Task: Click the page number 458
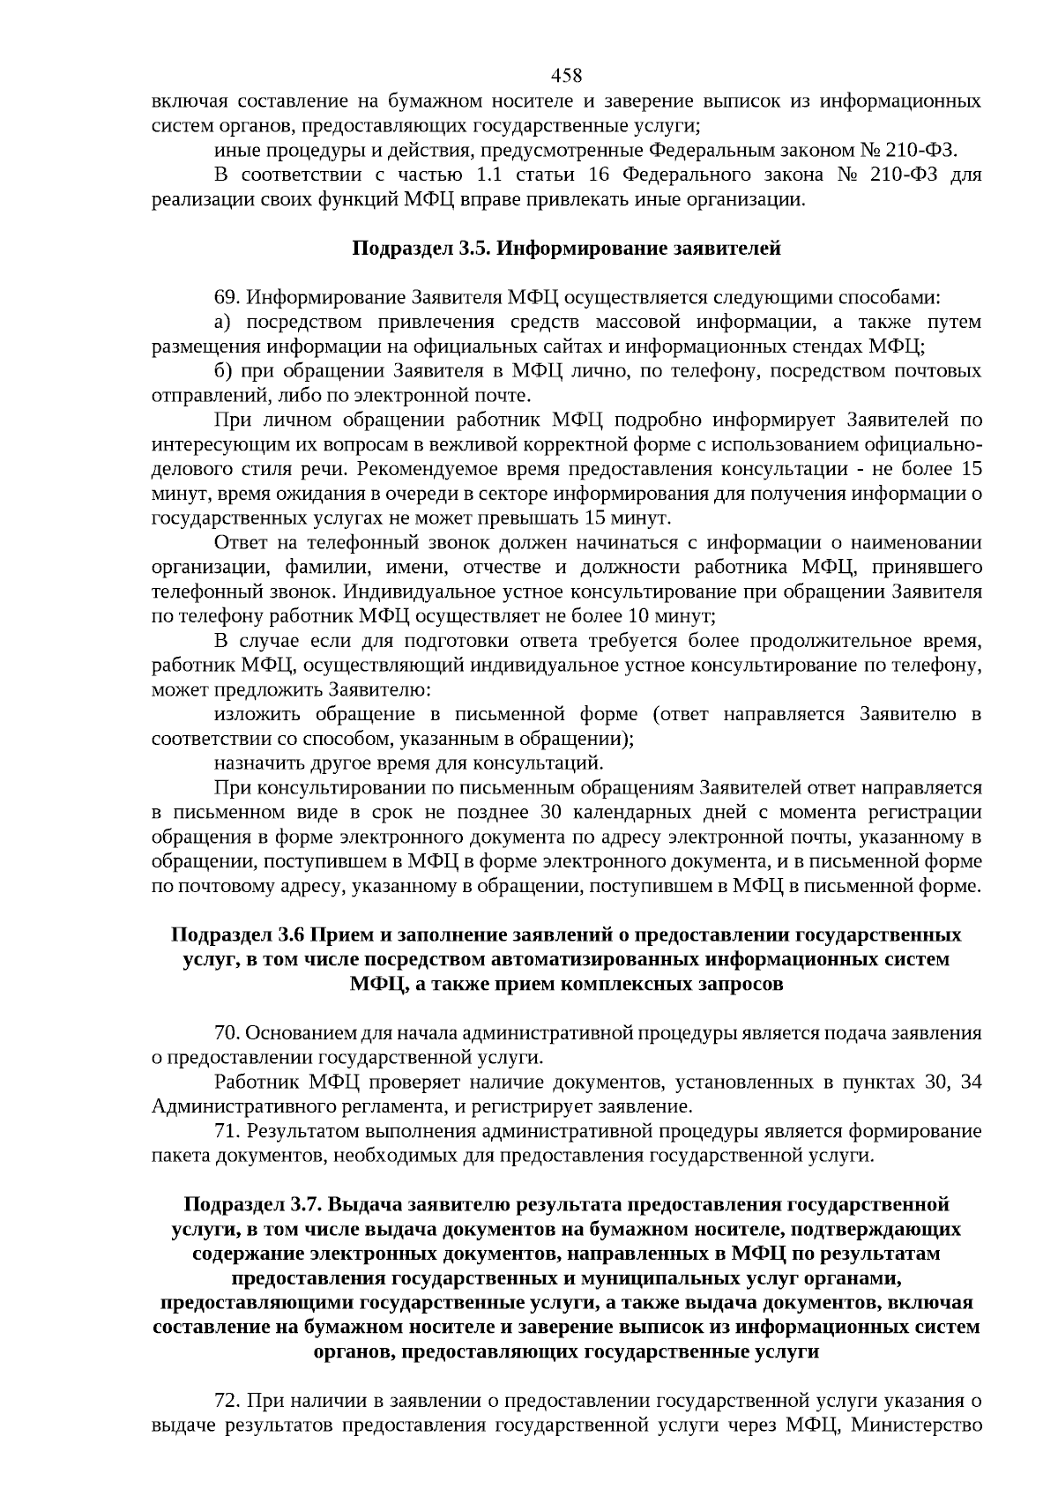566,76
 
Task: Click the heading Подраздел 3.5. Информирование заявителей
566,249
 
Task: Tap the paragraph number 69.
226,297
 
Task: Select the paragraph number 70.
226,1032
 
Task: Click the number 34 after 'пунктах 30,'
971,1082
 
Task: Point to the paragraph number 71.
226,1131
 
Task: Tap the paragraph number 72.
226,1401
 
